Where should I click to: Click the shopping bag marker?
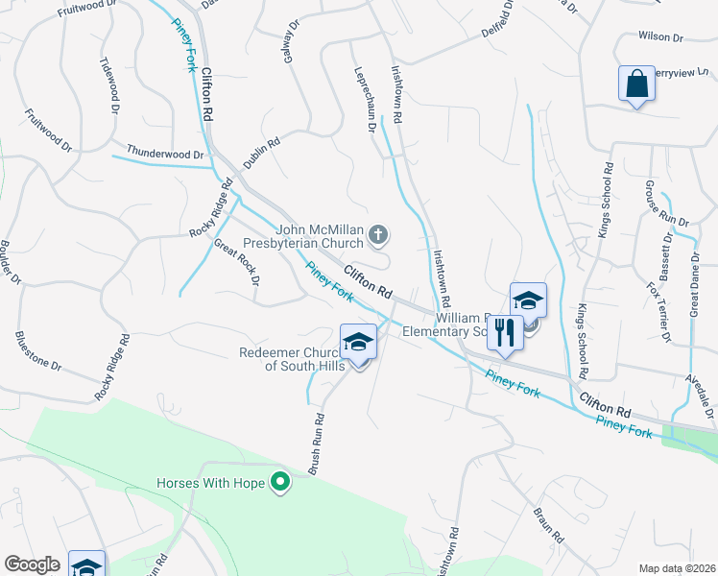[636, 84]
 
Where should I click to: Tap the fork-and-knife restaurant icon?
[503, 333]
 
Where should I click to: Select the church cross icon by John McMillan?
[379, 232]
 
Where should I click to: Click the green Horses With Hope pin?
[280, 481]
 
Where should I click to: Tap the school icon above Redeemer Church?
[358, 343]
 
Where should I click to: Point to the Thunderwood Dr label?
[166, 154]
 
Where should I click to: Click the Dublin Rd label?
[261, 155]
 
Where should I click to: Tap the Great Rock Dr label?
[236, 262]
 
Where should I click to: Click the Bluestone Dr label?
[38, 352]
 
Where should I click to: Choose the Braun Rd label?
[544, 524]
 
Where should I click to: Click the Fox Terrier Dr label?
[658, 312]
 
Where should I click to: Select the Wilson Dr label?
[659, 37]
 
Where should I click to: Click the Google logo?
[33, 564]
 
